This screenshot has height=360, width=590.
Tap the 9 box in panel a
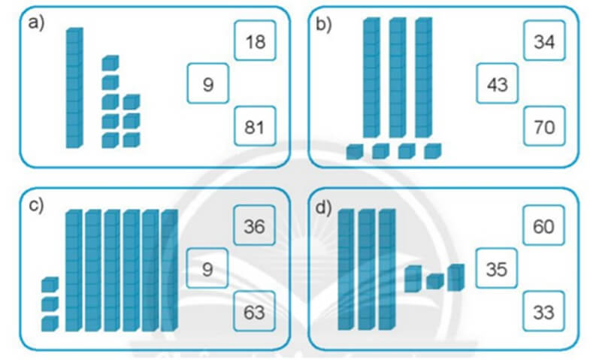(208, 84)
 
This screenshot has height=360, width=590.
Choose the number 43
(498, 84)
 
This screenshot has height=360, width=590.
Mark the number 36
(255, 225)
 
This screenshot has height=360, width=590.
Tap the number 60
(545, 225)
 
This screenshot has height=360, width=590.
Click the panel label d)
(325, 207)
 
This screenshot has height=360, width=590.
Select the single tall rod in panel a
(74, 88)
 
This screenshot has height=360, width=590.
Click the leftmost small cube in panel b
(354, 152)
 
